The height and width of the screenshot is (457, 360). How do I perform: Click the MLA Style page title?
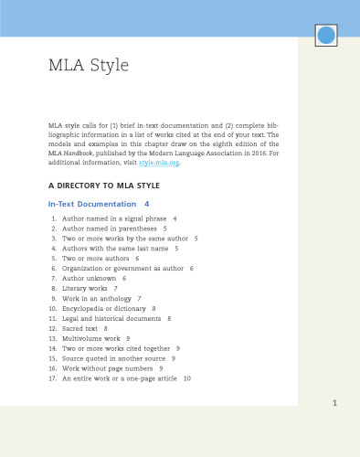[x=89, y=66]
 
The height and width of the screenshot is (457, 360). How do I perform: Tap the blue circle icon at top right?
[x=326, y=36]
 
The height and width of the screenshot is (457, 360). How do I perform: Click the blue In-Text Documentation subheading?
[x=88, y=203]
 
